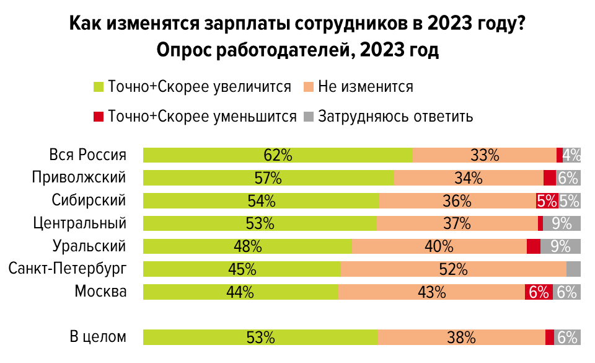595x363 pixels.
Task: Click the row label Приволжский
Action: (79, 178)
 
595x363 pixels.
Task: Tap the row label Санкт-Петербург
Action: (68, 269)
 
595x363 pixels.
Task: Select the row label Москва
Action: (100, 292)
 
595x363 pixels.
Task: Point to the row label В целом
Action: (98, 338)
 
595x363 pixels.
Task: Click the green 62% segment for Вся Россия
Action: (278, 155)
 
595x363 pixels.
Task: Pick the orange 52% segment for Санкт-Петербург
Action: (453, 269)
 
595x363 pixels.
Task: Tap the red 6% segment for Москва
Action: (537, 292)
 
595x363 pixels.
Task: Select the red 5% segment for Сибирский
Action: (547, 200)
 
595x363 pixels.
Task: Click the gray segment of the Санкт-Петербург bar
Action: (573, 269)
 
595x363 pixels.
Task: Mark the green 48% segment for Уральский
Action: (247, 246)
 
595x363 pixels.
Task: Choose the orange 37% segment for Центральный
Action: (457, 223)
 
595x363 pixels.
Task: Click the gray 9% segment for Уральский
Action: (560, 246)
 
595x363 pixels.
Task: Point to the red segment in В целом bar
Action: (550, 338)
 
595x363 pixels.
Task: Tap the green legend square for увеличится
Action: (98, 87)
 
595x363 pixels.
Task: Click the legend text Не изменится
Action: (365, 87)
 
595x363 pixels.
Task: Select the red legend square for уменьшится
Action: (98, 116)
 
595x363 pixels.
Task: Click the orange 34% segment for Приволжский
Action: (469, 178)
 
